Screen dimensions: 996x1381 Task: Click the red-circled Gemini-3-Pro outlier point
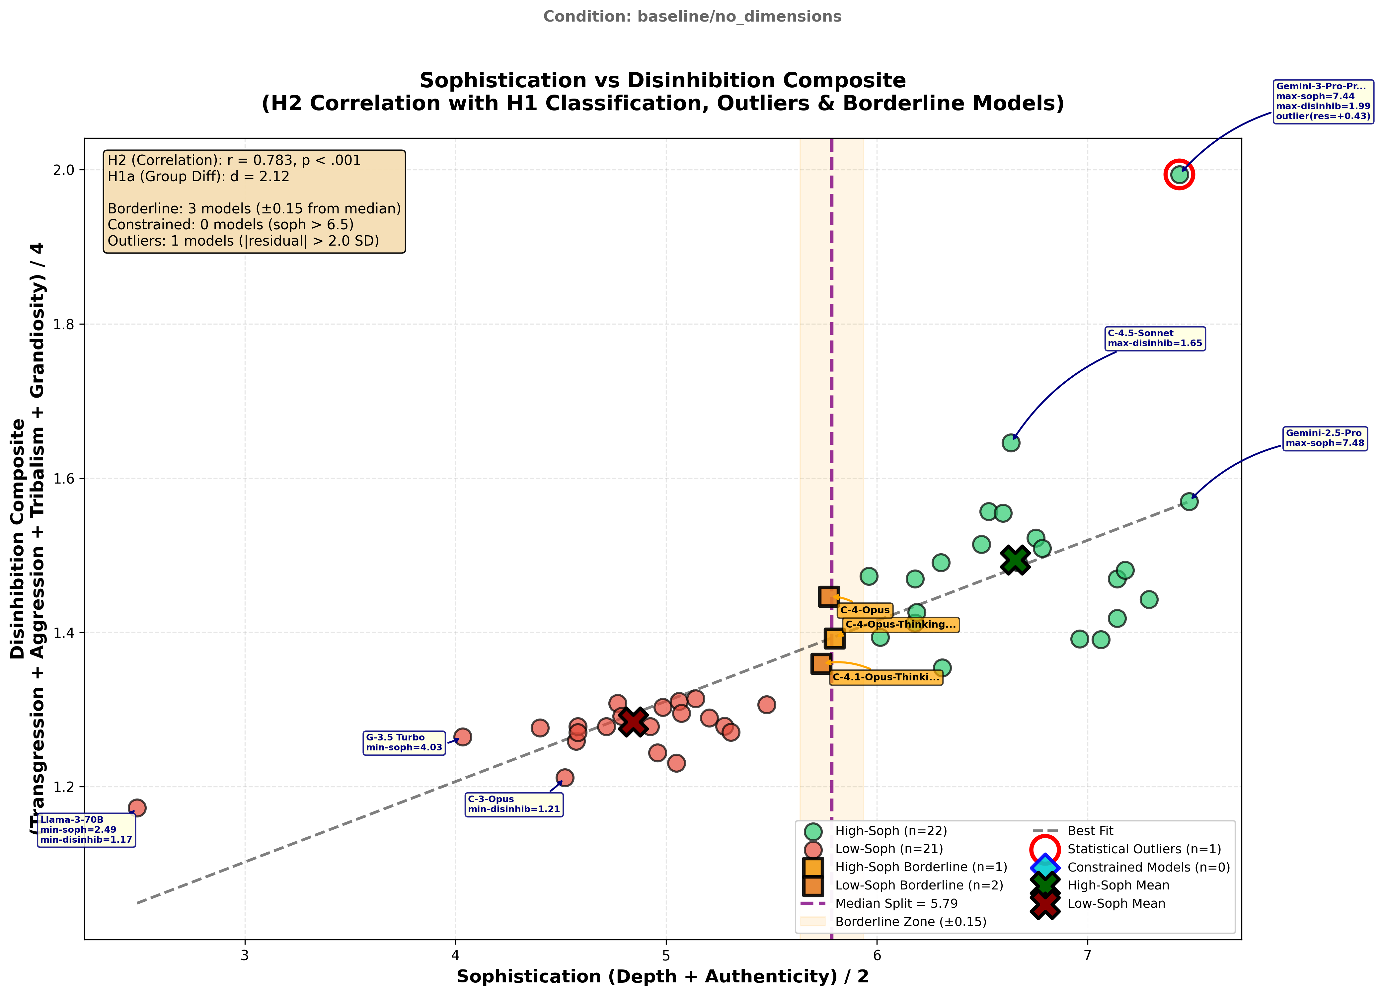(1179, 175)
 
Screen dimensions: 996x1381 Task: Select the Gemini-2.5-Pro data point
(1189, 502)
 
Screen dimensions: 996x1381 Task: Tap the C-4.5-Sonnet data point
(1011, 443)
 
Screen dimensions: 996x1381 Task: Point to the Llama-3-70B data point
(137, 808)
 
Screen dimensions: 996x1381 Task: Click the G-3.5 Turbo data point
(463, 737)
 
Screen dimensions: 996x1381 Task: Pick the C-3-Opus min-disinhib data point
(565, 777)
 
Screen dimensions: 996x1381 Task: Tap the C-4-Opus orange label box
(865, 610)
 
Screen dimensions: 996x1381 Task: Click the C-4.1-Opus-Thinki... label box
(886, 677)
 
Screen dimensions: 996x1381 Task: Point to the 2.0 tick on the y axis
(64, 170)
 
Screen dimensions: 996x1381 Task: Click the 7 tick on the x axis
(1088, 955)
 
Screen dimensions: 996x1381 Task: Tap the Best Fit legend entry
(1090, 831)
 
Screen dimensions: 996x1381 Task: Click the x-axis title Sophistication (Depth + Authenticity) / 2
(662, 976)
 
